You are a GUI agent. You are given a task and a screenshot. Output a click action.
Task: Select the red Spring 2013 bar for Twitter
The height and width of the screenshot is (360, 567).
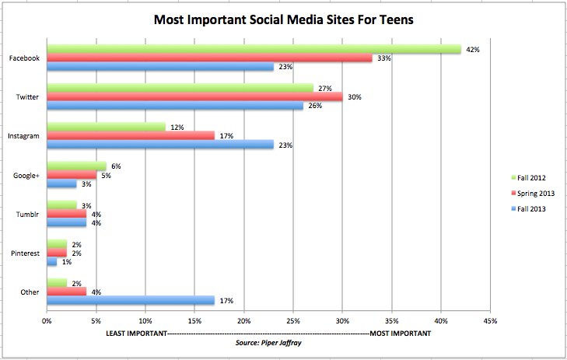point(194,96)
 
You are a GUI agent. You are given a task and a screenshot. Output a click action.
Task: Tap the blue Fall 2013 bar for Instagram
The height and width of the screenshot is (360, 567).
point(159,144)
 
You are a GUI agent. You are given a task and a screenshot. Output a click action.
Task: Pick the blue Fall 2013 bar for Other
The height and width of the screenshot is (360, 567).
point(130,300)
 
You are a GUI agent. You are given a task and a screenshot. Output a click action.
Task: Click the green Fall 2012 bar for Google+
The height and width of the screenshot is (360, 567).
point(76,166)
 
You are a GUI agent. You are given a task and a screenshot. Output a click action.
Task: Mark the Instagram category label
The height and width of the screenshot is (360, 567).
point(25,135)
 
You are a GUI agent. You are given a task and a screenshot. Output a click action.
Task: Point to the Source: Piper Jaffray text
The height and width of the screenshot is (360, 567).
point(268,341)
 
